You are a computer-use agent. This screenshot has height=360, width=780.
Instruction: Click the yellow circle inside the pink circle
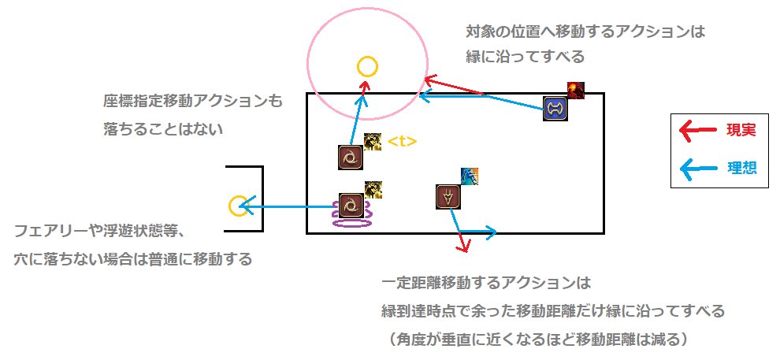coord(366,67)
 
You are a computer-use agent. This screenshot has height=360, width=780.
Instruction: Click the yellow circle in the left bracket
coord(237,206)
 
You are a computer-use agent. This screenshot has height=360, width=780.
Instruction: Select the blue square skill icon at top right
coord(555,108)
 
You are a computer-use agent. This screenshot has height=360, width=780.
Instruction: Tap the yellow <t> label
coord(402,142)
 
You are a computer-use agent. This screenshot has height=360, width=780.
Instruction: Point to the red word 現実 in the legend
coord(741,131)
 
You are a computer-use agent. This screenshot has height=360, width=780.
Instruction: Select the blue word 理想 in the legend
coord(741,168)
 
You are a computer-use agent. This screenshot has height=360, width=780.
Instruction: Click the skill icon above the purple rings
coord(350,205)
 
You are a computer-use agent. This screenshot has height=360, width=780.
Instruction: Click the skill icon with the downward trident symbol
coord(448,196)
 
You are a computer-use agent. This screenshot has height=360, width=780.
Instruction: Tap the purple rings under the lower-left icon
coord(351,221)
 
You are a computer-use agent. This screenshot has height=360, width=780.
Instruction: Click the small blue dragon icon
coord(470,176)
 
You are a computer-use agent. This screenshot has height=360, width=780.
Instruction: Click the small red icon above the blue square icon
coord(576,90)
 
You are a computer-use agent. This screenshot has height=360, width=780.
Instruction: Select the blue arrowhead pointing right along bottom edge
coord(490,232)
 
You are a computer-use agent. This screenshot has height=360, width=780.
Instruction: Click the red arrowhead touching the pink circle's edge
coord(429,79)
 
